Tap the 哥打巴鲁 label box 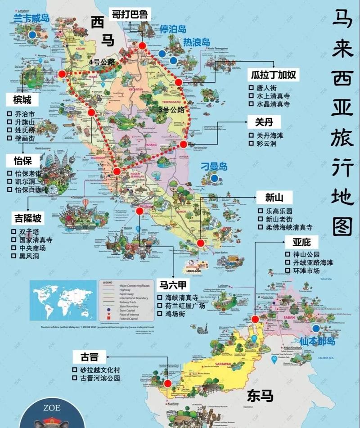[x=130, y=14]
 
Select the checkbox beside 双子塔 [x=14, y=231]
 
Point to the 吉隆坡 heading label [x=27, y=219]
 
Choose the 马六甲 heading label [x=173, y=285]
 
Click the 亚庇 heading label [x=301, y=242]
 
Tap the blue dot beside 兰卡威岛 [x=31, y=34]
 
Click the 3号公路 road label [x=171, y=109]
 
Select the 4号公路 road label [x=103, y=61]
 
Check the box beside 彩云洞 [x=252, y=144]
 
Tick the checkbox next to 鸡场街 [x=160, y=314]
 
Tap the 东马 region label [x=260, y=396]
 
